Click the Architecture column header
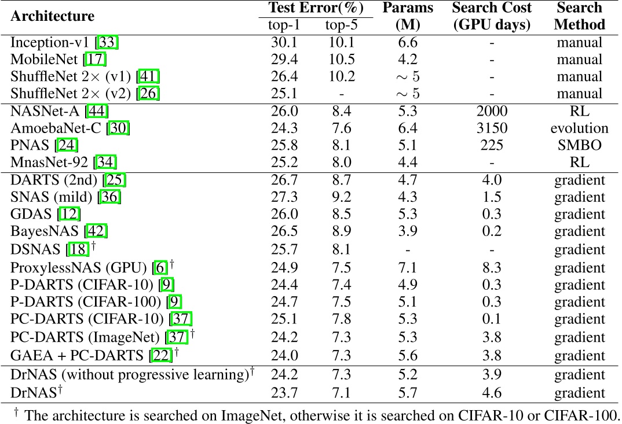(52, 16)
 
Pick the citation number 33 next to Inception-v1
(108, 42)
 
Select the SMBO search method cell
(579, 145)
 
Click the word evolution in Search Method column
(579, 128)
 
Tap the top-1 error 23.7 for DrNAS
(284, 393)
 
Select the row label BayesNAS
(46, 231)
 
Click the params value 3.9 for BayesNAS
(407, 231)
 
